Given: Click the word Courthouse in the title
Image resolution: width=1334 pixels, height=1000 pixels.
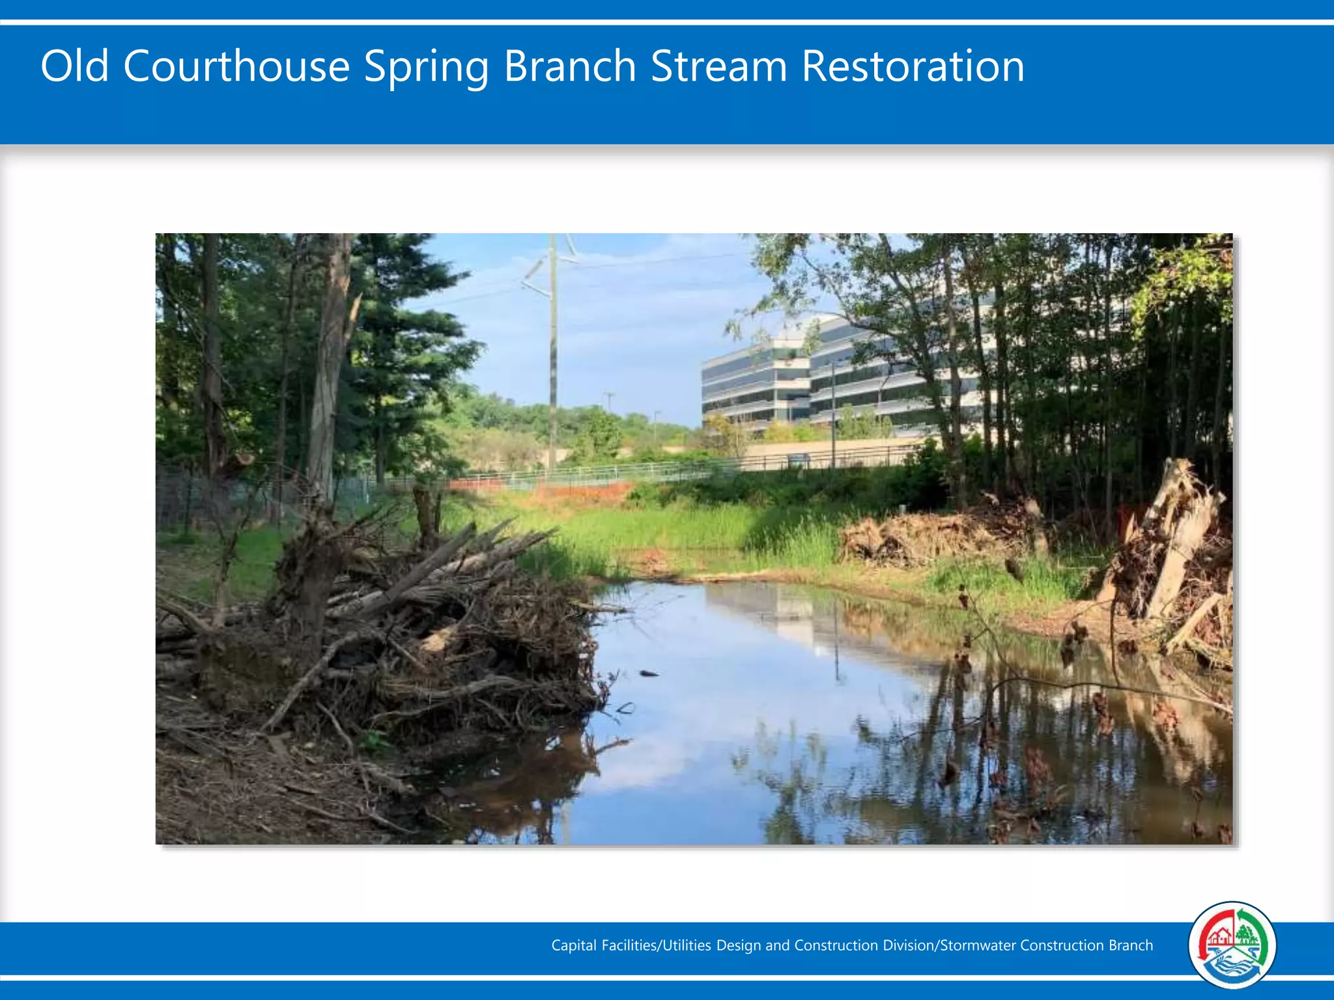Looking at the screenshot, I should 236,66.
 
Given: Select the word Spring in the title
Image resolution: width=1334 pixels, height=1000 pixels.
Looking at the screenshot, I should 426,68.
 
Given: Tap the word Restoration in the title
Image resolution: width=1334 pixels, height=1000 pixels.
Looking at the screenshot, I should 913,66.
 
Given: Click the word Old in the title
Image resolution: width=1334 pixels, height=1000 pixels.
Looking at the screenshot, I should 74,66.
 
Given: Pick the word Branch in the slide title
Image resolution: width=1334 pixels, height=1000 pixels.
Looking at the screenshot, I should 570,66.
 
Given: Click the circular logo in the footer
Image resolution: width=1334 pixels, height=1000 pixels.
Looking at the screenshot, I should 1232,945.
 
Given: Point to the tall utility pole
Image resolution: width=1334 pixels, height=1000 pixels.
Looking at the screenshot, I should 552,358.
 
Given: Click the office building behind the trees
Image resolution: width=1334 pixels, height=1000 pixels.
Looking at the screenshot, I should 814,378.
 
